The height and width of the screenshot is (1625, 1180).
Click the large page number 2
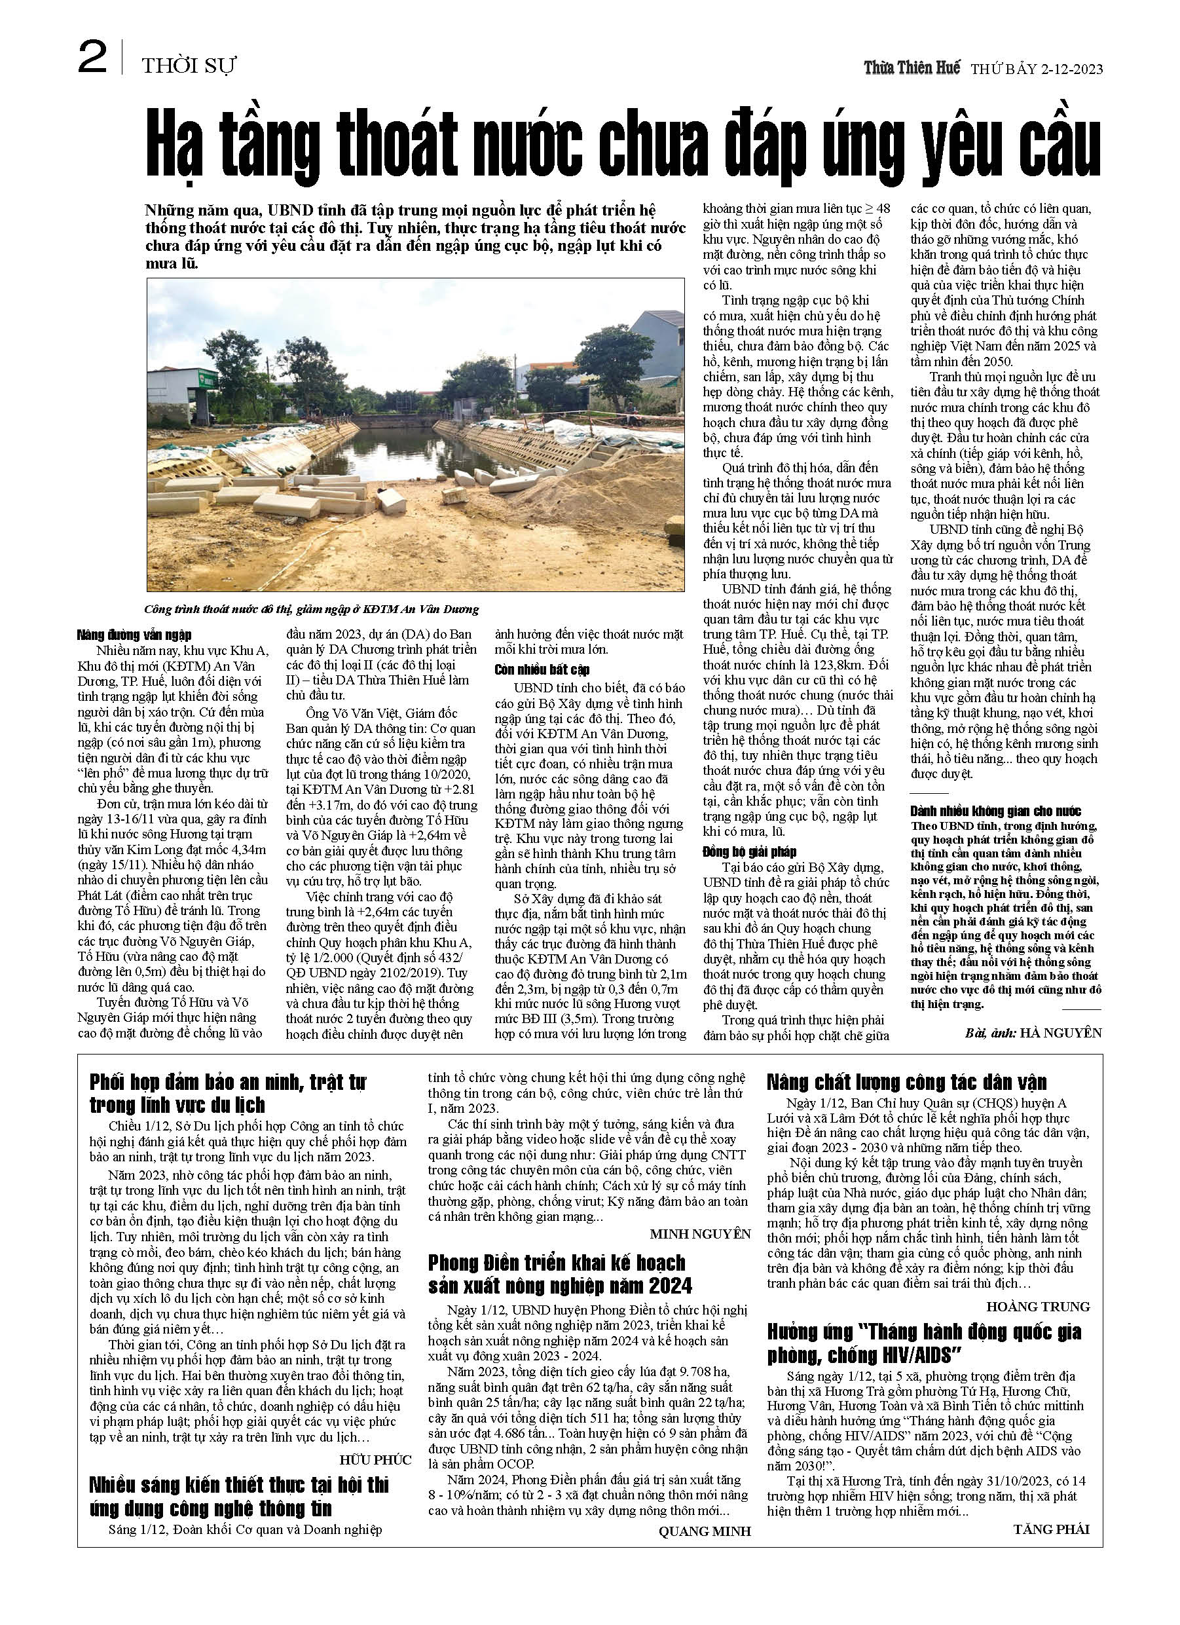[x=92, y=58]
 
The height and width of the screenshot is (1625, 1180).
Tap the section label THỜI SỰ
[x=189, y=67]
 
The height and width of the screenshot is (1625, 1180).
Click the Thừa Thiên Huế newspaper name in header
[x=912, y=68]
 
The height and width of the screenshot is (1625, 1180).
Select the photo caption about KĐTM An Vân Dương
[x=311, y=609]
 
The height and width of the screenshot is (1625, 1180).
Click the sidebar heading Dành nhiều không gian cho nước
[x=995, y=811]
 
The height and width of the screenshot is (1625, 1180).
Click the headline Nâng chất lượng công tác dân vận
[x=906, y=1082]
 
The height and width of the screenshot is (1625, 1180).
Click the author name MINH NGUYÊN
[x=700, y=1234]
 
